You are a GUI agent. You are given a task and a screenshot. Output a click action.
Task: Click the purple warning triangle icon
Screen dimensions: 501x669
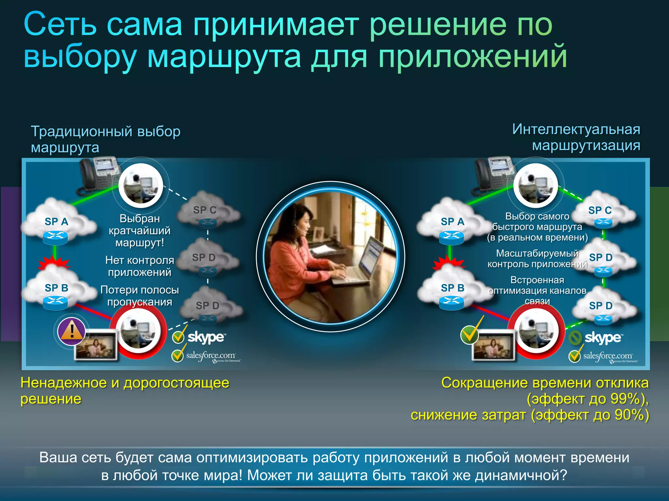(x=72, y=331)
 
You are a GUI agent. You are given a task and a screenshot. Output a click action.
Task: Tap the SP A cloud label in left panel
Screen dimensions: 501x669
(x=57, y=222)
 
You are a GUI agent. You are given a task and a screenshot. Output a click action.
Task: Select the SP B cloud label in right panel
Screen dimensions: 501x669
(x=452, y=288)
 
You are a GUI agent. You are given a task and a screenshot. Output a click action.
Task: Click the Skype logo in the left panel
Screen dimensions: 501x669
(x=206, y=337)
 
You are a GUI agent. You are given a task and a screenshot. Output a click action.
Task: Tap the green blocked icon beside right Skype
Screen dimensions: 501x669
(x=575, y=338)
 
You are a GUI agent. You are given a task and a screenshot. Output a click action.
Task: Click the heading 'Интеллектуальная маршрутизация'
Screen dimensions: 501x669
(x=576, y=137)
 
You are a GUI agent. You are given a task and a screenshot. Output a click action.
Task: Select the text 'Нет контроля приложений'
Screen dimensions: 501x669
(x=139, y=266)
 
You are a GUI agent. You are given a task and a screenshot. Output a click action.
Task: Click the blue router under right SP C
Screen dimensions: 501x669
(x=603, y=223)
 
